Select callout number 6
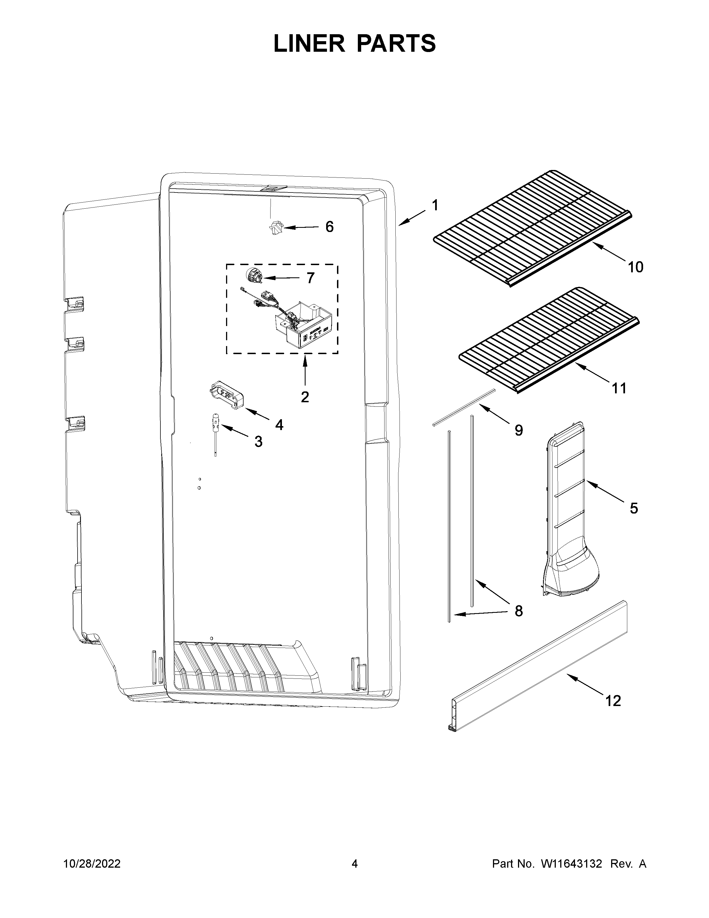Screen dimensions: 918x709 click(x=330, y=227)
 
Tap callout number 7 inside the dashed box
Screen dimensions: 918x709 click(x=310, y=278)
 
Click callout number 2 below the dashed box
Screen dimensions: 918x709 click(x=305, y=396)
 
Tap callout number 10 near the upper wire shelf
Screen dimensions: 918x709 click(x=636, y=267)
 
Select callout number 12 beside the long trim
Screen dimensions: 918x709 click(x=613, y=701)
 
